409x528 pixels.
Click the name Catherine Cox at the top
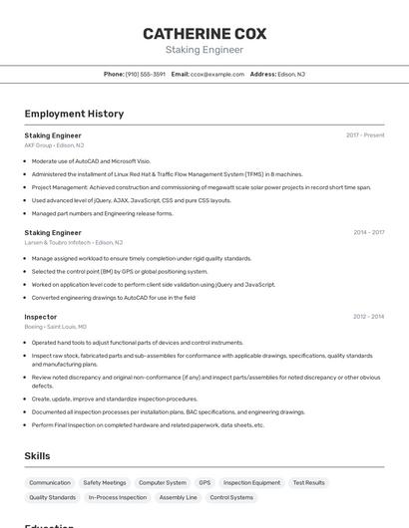204,33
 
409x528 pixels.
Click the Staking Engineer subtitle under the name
204,49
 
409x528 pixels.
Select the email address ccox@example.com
217,74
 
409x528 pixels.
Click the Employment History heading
74,114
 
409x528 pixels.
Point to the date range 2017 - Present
365,135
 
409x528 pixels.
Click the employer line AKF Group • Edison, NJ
54,145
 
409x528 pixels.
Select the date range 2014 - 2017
368,233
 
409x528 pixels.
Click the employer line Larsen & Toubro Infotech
73,242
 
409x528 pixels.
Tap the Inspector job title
41,317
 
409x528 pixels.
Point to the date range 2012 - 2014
368,317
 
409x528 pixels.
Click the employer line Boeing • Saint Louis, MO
55,327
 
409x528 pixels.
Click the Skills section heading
37,456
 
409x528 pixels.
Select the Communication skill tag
50,483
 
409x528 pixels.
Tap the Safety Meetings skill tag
105,483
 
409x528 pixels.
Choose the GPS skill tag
204,483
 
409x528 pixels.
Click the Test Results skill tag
308,483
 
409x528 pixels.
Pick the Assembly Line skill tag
179,497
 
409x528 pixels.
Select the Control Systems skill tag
231,497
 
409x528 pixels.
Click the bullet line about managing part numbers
102,213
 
